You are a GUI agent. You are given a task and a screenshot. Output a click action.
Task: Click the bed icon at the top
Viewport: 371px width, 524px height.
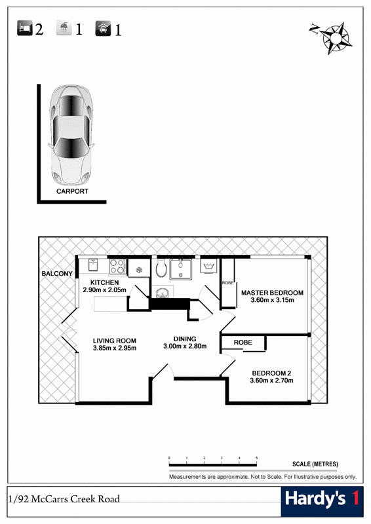25,28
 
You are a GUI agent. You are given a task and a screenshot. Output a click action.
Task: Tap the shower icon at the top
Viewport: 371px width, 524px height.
64,28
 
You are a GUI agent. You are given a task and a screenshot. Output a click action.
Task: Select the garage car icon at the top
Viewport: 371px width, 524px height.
103,28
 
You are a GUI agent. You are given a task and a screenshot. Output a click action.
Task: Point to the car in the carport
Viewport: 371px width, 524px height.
71,135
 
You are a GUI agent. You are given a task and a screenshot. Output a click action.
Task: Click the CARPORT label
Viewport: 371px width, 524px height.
72,191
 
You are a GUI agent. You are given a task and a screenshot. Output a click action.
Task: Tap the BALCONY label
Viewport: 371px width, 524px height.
57,274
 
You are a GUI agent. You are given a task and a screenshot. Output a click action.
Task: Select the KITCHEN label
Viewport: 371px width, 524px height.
105,283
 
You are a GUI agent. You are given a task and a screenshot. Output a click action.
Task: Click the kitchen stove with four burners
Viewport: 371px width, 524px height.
117,267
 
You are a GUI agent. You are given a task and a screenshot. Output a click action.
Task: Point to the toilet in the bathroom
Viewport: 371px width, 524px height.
161,269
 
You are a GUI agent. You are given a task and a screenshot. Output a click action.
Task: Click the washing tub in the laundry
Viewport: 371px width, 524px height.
209,267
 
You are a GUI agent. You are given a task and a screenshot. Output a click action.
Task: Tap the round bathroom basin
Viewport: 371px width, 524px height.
163,293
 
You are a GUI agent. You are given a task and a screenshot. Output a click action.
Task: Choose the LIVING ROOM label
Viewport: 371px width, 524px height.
115,341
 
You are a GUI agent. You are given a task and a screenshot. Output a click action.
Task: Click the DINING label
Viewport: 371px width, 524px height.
185,339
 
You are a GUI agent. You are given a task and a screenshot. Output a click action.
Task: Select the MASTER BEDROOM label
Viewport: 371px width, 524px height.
272,293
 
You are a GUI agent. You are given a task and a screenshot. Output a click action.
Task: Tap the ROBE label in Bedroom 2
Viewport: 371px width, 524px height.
243,343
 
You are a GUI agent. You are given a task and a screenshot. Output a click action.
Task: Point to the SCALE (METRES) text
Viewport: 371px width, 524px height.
315,464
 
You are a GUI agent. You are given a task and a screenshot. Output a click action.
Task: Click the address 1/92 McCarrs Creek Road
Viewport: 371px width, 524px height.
64,499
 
